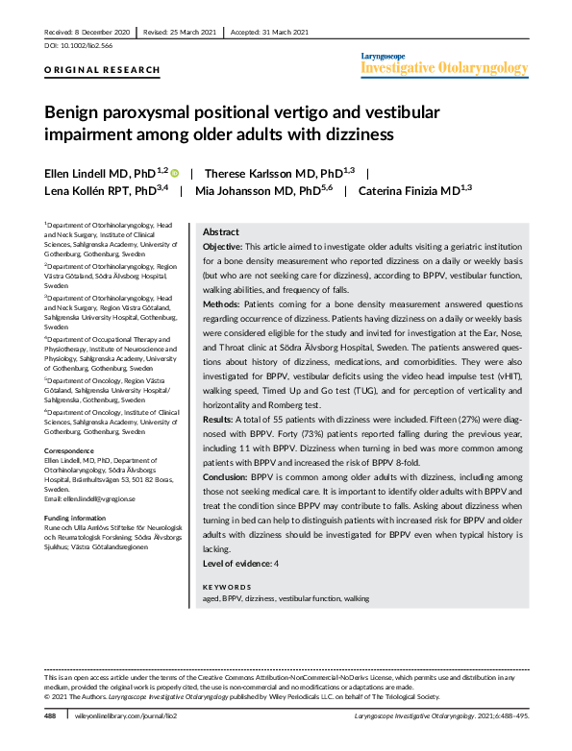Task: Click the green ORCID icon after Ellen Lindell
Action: pyautogui.click(x=175, y=172)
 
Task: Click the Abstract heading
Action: pyautogui.click(x=221, y=232)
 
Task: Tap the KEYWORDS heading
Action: pyautogui.click(x=228, y=585)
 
